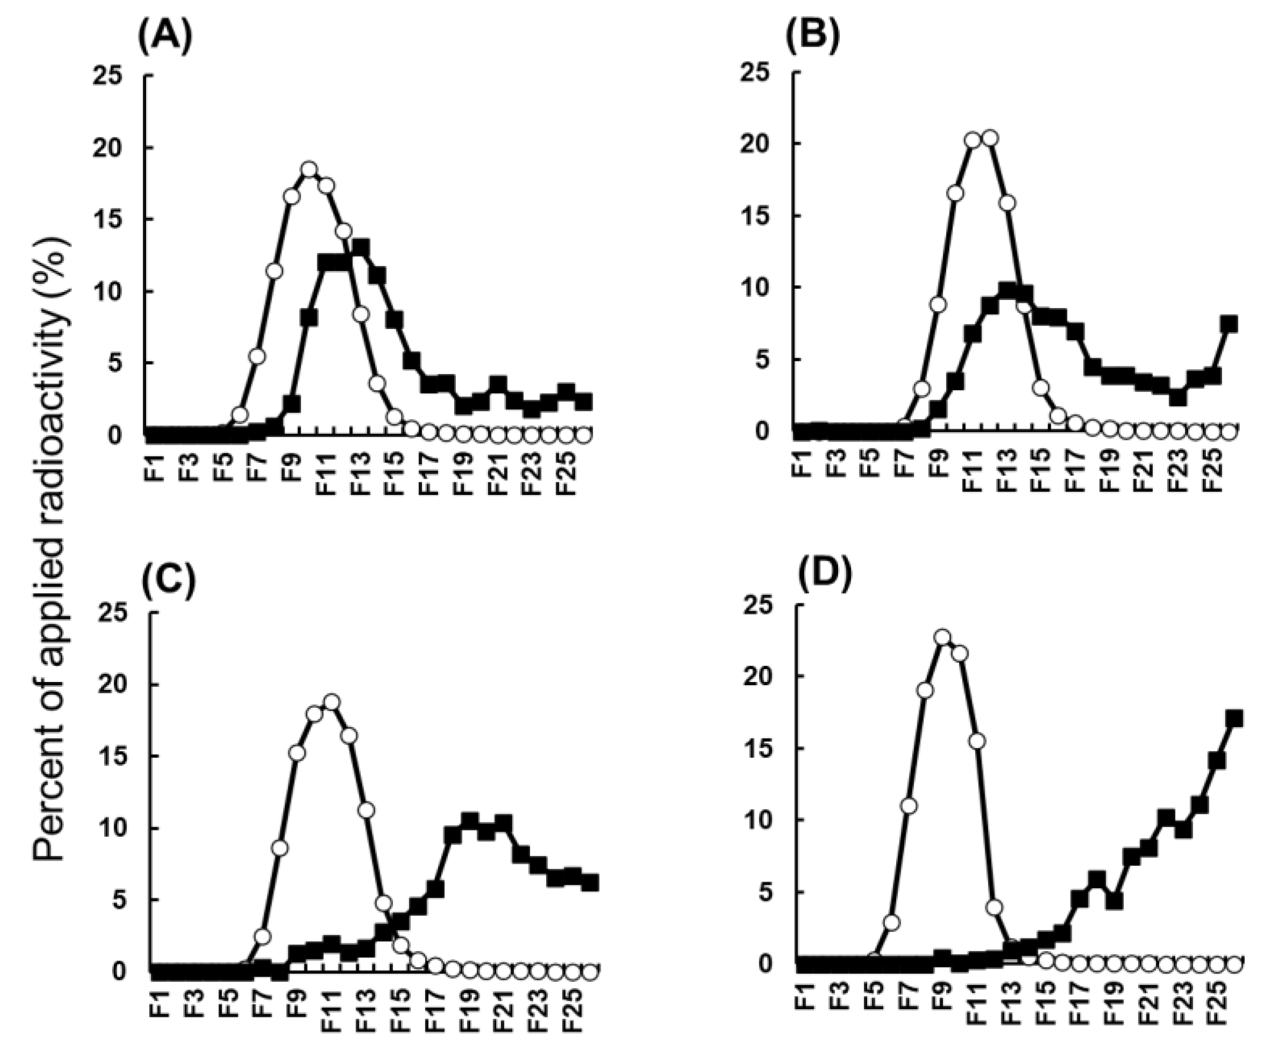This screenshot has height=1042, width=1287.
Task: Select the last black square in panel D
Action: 1234,718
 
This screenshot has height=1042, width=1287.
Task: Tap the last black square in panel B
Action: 1229,324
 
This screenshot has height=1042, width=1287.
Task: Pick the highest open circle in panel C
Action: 331,702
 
